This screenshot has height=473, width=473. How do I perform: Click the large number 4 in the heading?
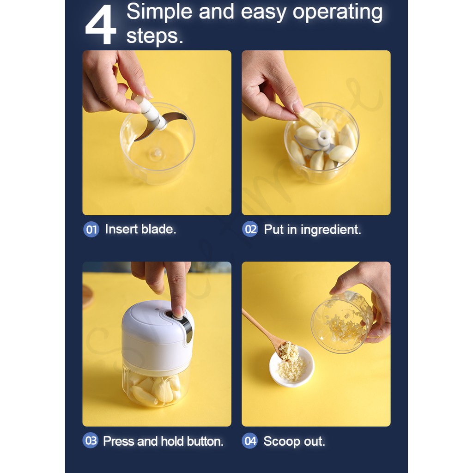click(101, 24)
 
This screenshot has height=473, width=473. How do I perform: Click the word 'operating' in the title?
click(338, 12)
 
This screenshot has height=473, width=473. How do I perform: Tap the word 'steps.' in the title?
click(154, 36)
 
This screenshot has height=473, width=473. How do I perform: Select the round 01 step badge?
click(91, 230)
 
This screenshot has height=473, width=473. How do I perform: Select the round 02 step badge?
click(250, 229)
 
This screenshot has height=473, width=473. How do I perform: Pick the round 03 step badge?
click(91, 440)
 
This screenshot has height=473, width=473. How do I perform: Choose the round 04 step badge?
click(250, 441)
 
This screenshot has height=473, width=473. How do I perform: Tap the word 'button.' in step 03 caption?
click(205, 441)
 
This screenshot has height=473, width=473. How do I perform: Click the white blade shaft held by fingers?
click(150, 112)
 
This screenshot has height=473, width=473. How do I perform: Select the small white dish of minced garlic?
click(292, 367)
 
